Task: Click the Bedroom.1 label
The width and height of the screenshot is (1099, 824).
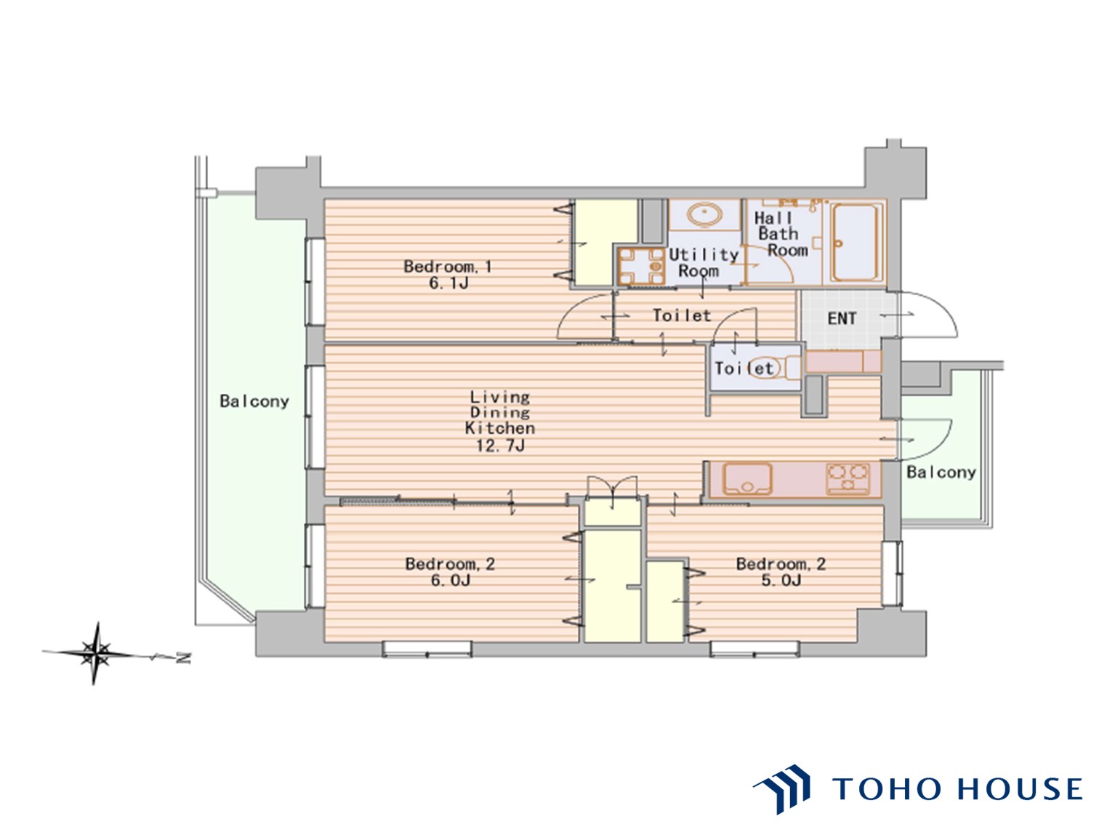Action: [447, 266]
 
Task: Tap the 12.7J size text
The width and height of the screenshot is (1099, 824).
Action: [499, 445]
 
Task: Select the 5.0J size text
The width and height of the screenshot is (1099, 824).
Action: [780, 581]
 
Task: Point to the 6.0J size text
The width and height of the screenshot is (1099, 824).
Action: [449, 581]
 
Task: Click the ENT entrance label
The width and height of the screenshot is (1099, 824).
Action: [842, 318]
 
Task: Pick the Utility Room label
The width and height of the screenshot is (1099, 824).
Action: [703, 262]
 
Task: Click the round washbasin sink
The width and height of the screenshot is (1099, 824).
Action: [704, 214]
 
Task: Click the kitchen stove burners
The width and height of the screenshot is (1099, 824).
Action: [848, 479]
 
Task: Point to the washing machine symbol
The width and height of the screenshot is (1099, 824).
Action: [641, 266]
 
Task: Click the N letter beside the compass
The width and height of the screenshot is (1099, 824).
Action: [184, 658]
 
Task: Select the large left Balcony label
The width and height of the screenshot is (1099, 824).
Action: [254, 401]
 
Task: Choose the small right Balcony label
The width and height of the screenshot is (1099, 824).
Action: [941, 472]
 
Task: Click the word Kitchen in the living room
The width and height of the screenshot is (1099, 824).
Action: [499, 428]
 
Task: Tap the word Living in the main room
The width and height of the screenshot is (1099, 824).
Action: [499, 397]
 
